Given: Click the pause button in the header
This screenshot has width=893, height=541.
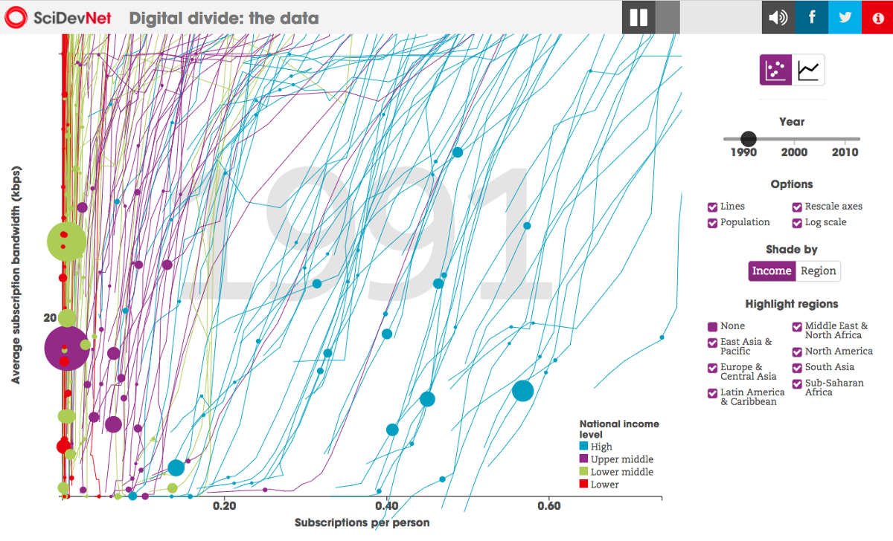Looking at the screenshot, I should (x=639, y=17).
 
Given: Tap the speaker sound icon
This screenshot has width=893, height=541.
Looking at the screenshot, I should (x=778, y=17).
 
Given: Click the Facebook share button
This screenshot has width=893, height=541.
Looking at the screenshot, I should (x=812, y=17).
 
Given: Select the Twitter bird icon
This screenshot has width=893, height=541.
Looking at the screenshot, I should (x=845, y=17).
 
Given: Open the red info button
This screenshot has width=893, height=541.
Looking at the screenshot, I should (x=877, y=17).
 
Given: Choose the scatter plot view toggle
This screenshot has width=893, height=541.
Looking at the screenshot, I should (x=775, y=70).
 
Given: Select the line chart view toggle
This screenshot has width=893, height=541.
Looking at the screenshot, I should (x=808, y=70).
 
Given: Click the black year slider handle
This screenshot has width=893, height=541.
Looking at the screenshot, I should (x=749, y=139).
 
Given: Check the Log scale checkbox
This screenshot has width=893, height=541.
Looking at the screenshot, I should (x=798, y=223).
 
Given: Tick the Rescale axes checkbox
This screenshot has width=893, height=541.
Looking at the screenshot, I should (x=798, y=207).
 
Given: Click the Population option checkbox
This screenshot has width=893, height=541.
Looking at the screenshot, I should (x=713, y=223).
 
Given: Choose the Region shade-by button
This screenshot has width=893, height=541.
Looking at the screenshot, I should (x=818, y=271).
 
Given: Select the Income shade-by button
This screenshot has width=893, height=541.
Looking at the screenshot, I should (x=772, y=271).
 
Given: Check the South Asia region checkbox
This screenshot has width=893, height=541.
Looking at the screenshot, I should (x=798, y=367).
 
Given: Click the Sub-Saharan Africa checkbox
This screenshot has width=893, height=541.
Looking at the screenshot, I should (x=798, y=384).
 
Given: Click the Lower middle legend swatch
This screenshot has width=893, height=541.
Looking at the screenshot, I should (x=584, y=472).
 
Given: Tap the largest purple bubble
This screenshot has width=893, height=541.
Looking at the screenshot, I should (x=66, y=348).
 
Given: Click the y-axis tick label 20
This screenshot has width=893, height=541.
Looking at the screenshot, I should (x=50, y=317).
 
